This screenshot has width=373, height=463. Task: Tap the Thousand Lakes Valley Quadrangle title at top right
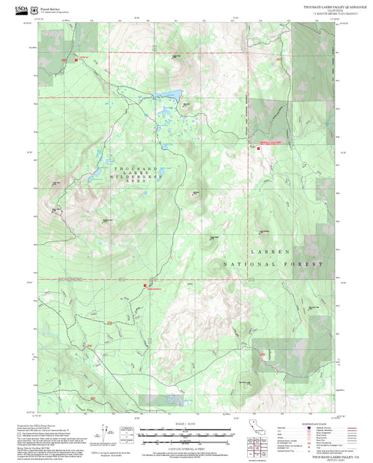coord(325,6)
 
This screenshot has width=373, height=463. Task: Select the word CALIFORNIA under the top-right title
coord(325,10)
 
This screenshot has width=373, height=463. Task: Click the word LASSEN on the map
coord(269,251)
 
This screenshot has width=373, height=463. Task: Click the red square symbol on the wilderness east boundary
coord(255,147)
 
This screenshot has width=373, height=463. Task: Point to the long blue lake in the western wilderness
coord(99,171)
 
